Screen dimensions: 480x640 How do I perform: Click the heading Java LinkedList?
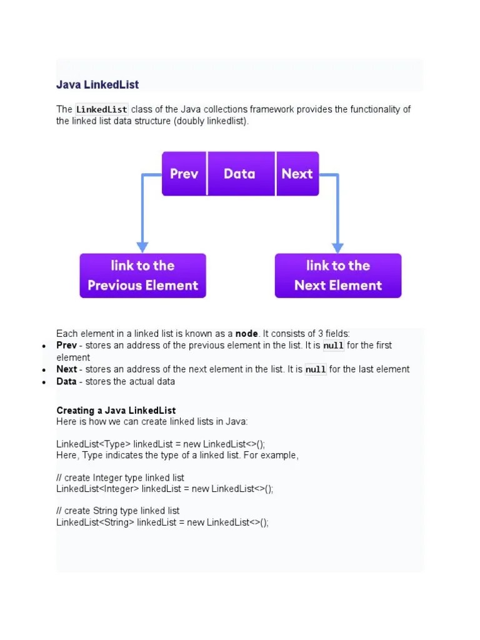[x=97, y=84]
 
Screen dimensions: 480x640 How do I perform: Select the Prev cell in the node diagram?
[x=184, y=174]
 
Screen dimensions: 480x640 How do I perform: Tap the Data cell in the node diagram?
[x=240, y=174]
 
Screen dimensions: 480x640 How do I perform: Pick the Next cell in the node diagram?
[x=297, y=174]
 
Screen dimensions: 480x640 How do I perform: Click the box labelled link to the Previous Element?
[x=142, y=276]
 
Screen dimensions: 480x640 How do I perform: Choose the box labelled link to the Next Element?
[x=338, y=276]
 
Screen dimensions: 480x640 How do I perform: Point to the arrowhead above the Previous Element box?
[x=142, y=247]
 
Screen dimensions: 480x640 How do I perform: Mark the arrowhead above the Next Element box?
[x=338, y=247]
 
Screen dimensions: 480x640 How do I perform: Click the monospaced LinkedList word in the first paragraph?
[x=101, y=109]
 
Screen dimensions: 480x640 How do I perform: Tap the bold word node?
[x=246, y=334]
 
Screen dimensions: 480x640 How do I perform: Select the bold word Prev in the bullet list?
[x=67, y=346]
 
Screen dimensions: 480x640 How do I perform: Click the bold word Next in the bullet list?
[x=67, y=369]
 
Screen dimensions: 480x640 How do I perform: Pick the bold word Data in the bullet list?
[x=67, y=381]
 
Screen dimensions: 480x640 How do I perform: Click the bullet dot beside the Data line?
[x=44, y=382]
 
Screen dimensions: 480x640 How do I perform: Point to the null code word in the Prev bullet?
[x=333, y=346]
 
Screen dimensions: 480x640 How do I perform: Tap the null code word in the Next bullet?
[x=316, y=369]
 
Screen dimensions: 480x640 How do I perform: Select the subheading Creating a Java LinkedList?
[x=116, y=411]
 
